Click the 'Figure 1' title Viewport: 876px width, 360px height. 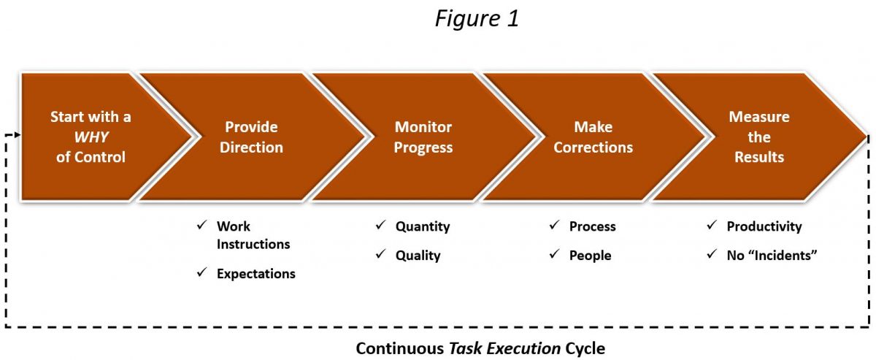click(x=477, y=18)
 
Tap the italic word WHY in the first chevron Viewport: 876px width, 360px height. click(x=91, y=137)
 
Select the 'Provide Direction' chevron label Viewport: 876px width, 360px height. click(x=251, y=137)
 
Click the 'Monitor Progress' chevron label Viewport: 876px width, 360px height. click(x=423, y=137)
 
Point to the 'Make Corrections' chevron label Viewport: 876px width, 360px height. click(x=593, y=137)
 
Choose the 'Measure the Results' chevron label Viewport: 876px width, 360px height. click(x=759, y=137)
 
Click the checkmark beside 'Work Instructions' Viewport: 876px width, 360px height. click(x=201, y=225)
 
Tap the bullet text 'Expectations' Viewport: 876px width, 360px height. click(x=256, y=274)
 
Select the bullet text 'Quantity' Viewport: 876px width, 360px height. click(x=423, y=226)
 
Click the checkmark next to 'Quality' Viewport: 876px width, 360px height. click(x=380, y=254)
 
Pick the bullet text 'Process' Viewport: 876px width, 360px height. click(x=593, y=226)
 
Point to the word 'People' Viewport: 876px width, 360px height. click(x=590, y=256)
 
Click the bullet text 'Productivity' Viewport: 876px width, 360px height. click(x=764, y=226)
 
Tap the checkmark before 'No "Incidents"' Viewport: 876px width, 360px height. click(x=712, y=254)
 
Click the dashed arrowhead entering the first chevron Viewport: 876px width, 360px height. click(x=18, y=135)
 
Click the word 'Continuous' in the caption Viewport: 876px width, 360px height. click(x=400, y=348)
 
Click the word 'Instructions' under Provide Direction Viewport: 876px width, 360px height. click(x=253, y=244)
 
